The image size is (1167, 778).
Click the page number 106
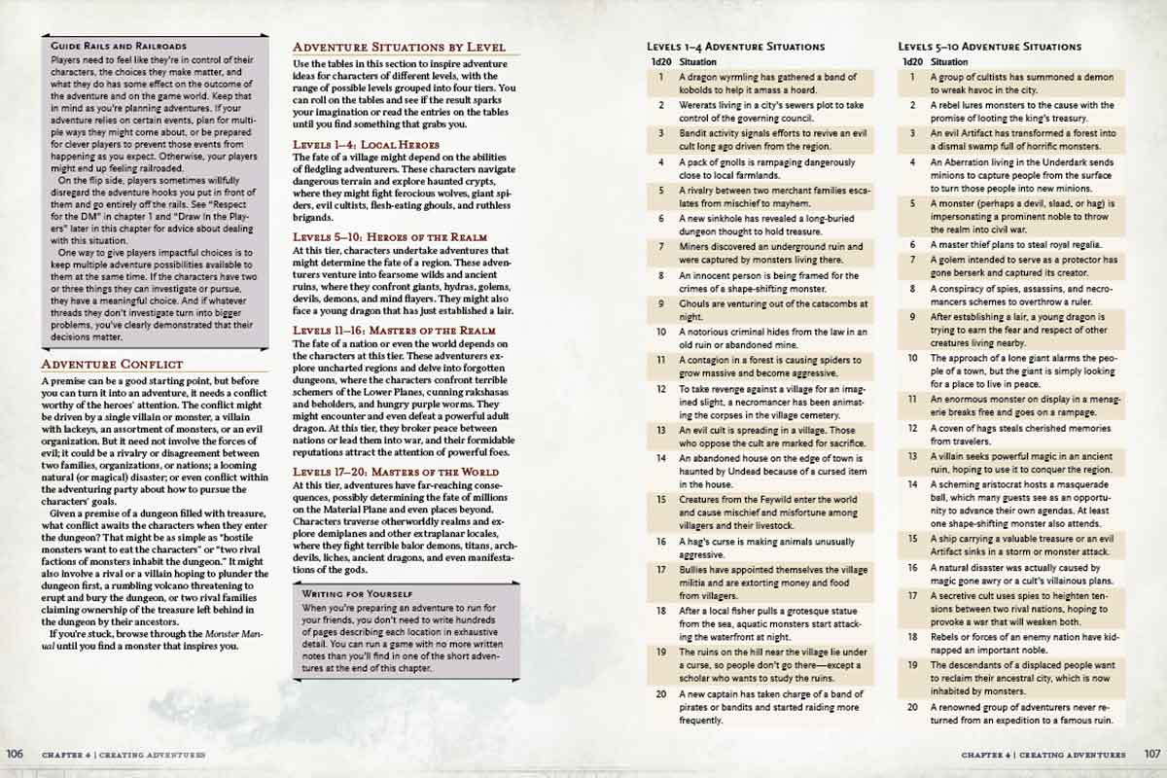tap(15, 754)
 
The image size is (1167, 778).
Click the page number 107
tap(1150, 754)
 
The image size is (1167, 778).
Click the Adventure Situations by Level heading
tap(399, 47)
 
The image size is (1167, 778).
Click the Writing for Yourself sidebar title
tap(356, 591)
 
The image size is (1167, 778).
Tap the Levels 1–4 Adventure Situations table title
tap(735, 47)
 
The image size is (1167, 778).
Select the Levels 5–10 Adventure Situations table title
tap(989, 47)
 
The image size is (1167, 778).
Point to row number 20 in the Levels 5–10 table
tap(912, 707)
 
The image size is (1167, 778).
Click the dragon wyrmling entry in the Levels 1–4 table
tap(768, 83)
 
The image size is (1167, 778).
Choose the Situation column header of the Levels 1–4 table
tap(696, 61)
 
